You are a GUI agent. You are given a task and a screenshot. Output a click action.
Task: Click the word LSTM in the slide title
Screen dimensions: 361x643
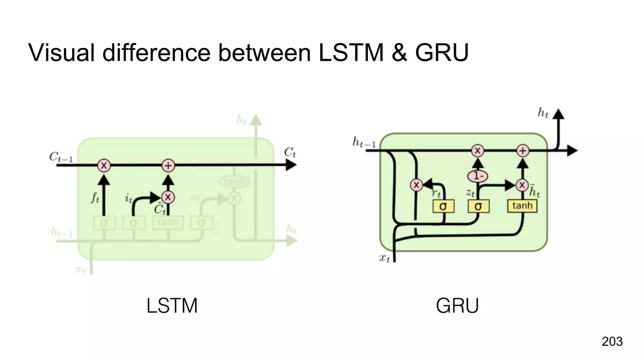351,52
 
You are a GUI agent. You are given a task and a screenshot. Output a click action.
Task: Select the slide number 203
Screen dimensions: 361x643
612,341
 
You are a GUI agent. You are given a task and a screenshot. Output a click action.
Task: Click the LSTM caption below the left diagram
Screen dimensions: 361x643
172,306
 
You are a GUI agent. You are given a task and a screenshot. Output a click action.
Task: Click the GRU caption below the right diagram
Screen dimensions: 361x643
457,306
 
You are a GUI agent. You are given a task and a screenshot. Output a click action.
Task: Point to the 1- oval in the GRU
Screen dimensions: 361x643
478,176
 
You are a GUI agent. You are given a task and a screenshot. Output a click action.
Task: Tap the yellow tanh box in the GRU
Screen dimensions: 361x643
522,206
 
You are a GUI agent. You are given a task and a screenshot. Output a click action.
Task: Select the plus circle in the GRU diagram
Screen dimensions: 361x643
522,151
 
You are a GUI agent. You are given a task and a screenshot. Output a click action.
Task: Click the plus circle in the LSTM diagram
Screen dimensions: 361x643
168,165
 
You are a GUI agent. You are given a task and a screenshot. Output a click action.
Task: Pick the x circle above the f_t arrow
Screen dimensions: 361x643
104,165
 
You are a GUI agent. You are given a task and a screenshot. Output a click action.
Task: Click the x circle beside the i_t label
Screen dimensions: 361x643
168,197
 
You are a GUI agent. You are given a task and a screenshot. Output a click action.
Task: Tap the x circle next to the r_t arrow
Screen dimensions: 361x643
416,185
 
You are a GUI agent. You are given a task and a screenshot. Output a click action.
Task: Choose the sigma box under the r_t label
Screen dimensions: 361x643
443,207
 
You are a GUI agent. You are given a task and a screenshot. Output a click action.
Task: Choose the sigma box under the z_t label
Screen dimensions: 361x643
478,207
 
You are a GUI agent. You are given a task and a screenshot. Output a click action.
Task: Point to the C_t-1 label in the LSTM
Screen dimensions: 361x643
61,157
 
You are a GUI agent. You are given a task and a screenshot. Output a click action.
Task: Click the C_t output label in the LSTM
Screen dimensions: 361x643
290,153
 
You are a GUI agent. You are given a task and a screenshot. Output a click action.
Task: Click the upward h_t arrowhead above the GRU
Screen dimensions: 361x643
558,114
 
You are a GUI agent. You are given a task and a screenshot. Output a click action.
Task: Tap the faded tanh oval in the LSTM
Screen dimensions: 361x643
235,181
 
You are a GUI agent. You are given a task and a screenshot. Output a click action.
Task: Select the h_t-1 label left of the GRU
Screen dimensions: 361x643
364,143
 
